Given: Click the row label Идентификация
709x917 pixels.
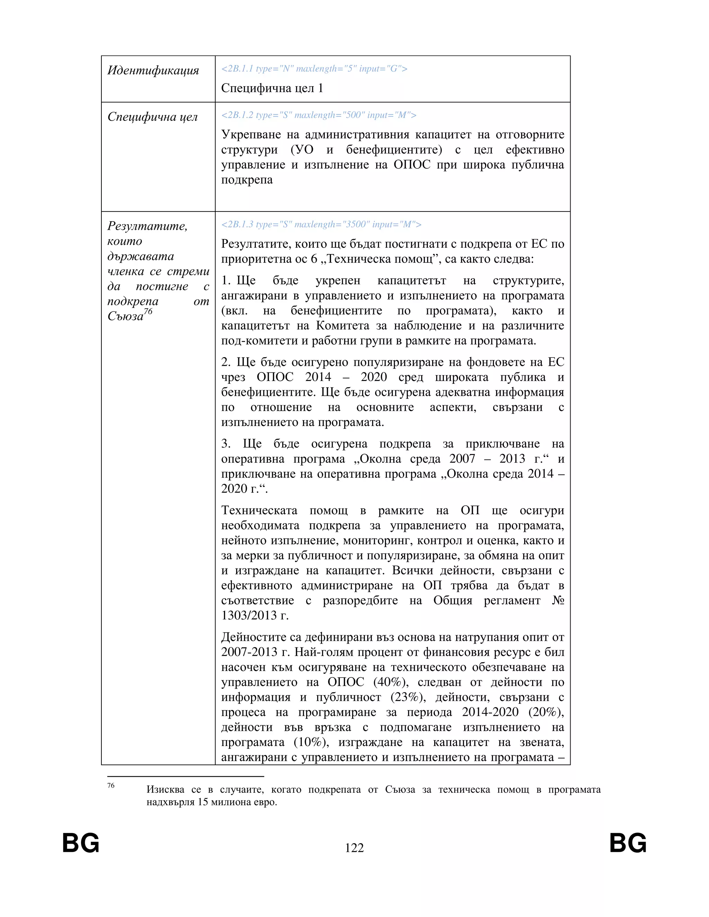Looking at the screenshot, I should [x=153, y=71].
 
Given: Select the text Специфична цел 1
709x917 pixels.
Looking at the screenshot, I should [x=272, y=88].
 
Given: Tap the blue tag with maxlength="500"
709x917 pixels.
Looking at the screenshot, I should [x=318, y=115].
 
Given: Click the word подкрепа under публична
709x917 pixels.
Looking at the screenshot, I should [x=246, y=180].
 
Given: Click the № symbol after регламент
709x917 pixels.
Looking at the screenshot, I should [x=558, y=600].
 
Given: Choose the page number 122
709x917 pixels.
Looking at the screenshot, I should [x=354, y=848].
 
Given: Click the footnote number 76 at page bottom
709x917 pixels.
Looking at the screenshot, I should [x=111, y=786].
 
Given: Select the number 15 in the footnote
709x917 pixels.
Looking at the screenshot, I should [x=203, y=802].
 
